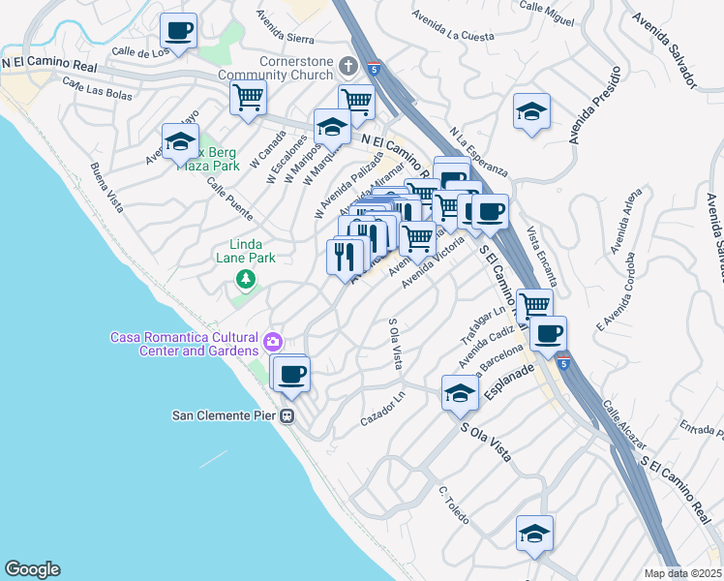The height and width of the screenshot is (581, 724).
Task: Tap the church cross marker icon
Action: pos(348,67)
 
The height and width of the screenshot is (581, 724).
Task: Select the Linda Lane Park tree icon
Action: pos(246,280)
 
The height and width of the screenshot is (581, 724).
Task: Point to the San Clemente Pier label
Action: pos(225,415)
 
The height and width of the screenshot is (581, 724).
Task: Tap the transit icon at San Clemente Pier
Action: pos(287,415)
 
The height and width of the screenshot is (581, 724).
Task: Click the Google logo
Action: pos(32,569)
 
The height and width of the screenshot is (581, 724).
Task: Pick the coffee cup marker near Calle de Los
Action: pos(178,31)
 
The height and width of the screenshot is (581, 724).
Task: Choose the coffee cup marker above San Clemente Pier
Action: pos(290,373)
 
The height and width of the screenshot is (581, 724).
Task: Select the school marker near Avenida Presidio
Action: pos(531,112)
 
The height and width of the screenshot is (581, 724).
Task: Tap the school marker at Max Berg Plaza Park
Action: pos(179,142)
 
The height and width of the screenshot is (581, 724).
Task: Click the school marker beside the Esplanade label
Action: pos(460,393)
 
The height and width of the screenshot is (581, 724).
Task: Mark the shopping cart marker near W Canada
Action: pos(249,97)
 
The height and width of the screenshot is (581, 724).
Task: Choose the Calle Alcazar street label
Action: pos(623,425)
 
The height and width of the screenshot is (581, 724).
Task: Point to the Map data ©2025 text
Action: pos(682,573)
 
